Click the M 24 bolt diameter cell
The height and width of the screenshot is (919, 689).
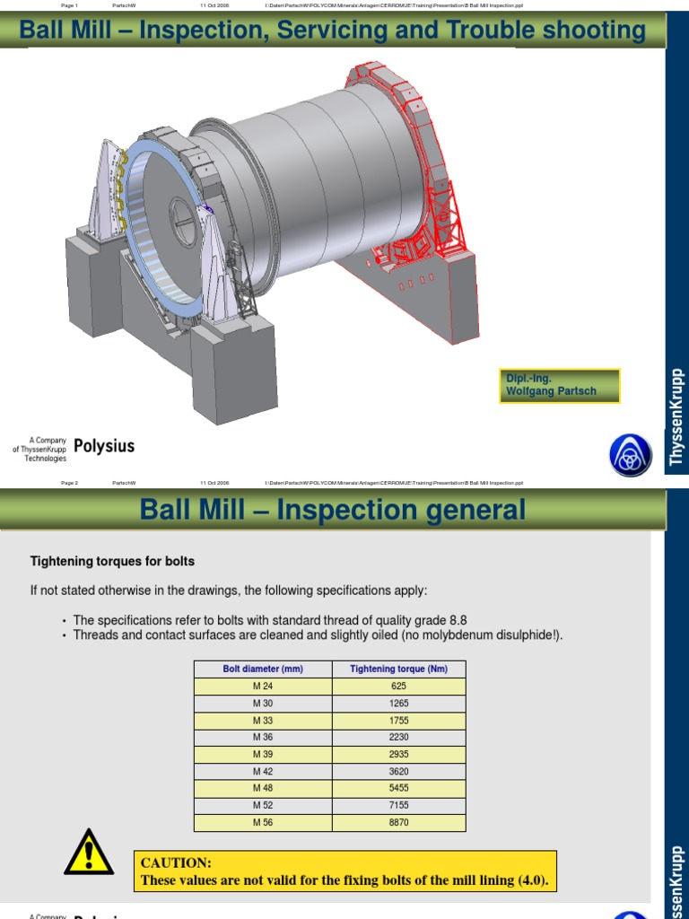click(x=263, y=686)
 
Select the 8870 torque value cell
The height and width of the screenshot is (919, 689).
click(x=398, y=822)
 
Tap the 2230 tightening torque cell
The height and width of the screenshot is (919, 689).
click(x=398, y=737)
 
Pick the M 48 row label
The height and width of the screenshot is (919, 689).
click(x=263, y=788)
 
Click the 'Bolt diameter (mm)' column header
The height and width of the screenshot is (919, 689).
click(x=263, y=669)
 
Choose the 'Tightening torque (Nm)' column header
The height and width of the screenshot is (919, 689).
click(x=398, y=669)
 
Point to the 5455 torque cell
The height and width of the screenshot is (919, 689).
click(x=398, y=788)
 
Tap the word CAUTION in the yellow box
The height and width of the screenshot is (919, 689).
click(x=176, y=862)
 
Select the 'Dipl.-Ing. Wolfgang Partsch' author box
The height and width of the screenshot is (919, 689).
click(x=560, y=385)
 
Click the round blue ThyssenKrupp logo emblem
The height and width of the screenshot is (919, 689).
click(x=630, y=455)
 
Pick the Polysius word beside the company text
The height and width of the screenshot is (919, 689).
click(x=104, y=446)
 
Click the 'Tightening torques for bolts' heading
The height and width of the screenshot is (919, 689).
click(x=112, y=561)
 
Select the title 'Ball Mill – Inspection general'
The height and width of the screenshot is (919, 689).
click(x=333, y=510)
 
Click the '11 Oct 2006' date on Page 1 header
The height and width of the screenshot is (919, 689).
click(x=214, y=4)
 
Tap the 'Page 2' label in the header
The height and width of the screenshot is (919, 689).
click(x=70, y=483)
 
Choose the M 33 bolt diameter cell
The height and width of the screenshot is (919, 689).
click(x=263, y=720)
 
